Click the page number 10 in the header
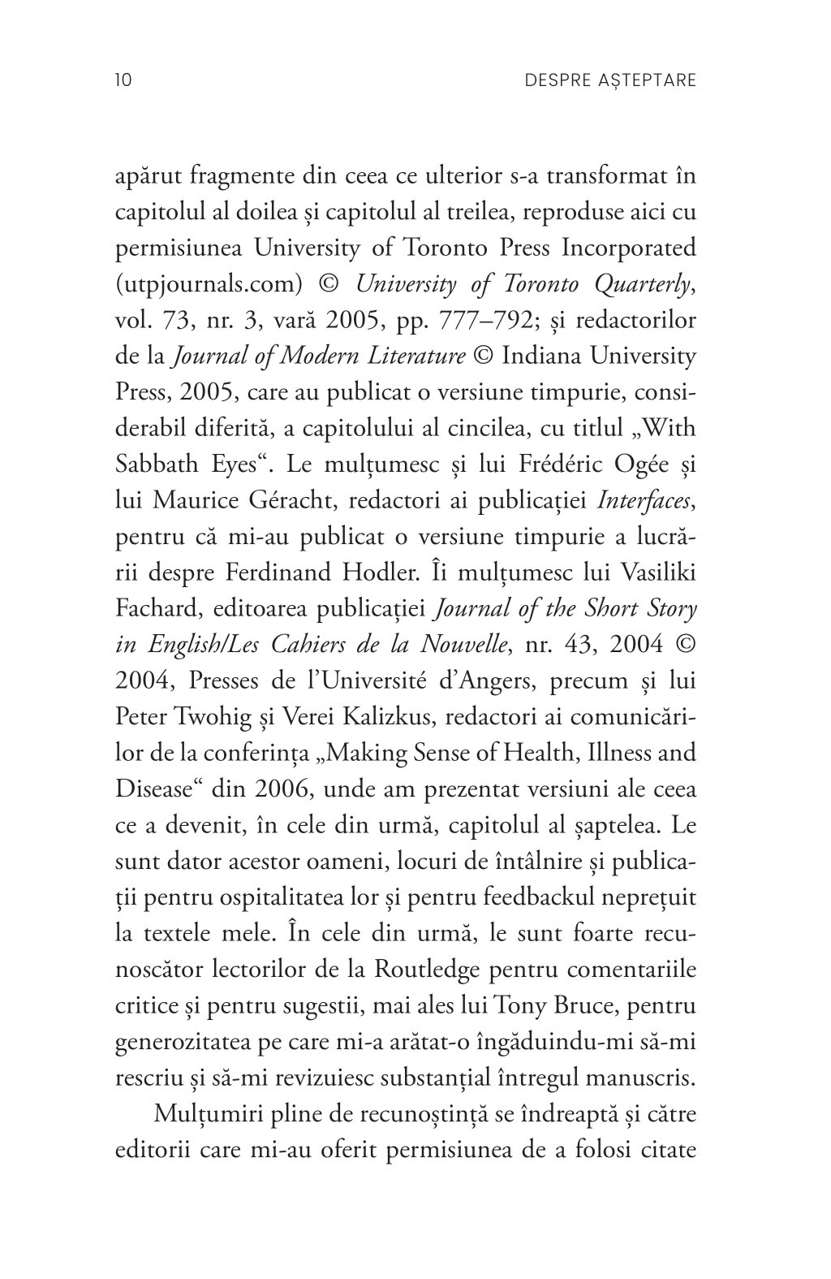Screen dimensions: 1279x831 tap(123, 80)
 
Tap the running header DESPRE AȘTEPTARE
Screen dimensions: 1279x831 tap(611, 80)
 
